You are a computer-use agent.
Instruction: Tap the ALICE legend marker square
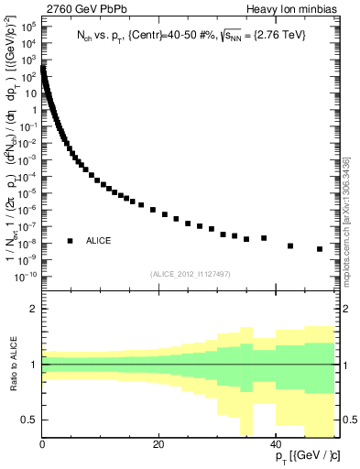pyautogui.click(x=70, y=241)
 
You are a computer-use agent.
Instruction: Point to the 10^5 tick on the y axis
pyautogui.click(x=29, y=27)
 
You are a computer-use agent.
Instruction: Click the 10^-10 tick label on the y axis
pyautogui.click(x=25, y=277)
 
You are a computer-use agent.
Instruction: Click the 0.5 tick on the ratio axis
pyautogui.click(x=28, y=420)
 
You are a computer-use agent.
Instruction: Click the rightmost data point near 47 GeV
pyautogui.click(x=320, y=249)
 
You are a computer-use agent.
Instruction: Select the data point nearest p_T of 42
pyautogui.click(x=290, y=245)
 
